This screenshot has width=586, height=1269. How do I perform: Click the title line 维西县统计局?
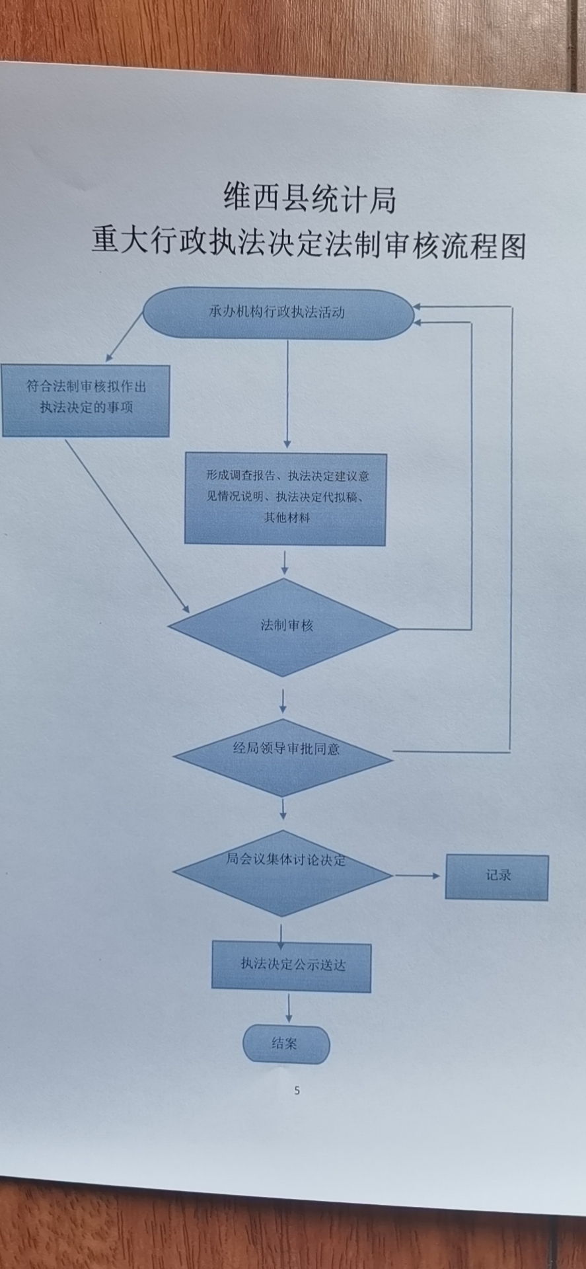coord(309,198)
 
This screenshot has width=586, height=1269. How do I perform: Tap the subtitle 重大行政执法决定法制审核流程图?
coord(309,243)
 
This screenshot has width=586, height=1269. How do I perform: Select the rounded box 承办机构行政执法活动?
coord(277,313)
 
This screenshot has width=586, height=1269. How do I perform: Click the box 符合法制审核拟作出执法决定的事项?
coord(86,399)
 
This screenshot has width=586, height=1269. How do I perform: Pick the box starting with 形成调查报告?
coord(285,498)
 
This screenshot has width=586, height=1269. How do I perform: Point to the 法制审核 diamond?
coord(284,627)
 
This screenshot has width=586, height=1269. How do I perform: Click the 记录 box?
coord(497,876)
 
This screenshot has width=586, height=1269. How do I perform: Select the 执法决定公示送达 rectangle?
coord(291,966)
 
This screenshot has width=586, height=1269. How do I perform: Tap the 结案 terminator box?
coord(285,1044)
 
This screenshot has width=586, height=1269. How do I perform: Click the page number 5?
coord(297,1091)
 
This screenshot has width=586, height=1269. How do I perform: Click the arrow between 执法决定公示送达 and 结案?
coord(289,1009)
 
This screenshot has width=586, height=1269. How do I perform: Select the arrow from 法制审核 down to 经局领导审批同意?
coord(283,701)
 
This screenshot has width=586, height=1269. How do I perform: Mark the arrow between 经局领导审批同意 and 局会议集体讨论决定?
coord(283,809)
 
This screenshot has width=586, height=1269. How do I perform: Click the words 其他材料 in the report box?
coord(287,518)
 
